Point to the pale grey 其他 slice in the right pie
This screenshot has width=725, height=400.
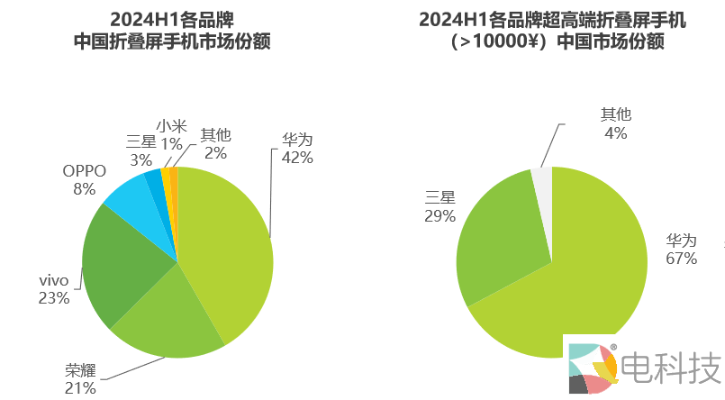[x=542, y=180]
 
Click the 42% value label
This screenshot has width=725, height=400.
[x=297, y=158]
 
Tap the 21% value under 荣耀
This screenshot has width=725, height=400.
[x=80, y=387]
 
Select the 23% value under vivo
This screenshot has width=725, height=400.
[x=54, y=298]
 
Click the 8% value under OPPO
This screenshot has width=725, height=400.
[x=85, y=188]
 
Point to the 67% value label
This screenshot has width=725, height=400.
[x=682, y=259]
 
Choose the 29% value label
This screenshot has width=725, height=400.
[x=440, y=216]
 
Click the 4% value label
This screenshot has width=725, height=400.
[x=616, y=132]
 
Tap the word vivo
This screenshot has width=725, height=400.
[x=54, y=280]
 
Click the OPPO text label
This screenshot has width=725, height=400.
[x=85, y=170]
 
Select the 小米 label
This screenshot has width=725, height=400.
[x=171, y=126]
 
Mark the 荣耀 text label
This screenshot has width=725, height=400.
[x=80, y=370]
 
